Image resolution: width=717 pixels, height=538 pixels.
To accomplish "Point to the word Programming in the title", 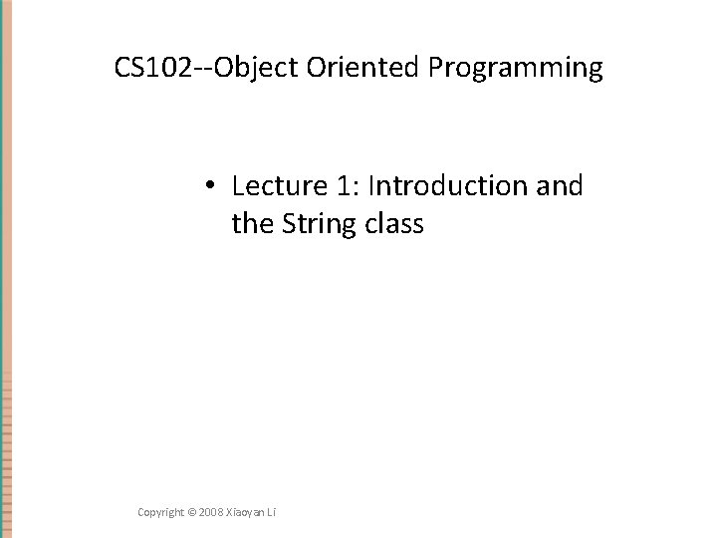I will click(516, 70).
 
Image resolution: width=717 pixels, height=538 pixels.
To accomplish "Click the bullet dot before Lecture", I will click(213, 187).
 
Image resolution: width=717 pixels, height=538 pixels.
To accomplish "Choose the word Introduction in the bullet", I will click(434, 186).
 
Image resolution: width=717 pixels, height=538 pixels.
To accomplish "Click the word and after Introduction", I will click(558, 186).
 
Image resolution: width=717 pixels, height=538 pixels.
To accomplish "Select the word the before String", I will click(250, 224).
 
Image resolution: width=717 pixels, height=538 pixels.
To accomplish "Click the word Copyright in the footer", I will click(161, 511).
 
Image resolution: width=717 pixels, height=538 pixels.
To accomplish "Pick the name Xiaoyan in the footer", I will click(247, 511).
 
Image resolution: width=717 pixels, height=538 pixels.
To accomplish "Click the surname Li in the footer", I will click(272, 511).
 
